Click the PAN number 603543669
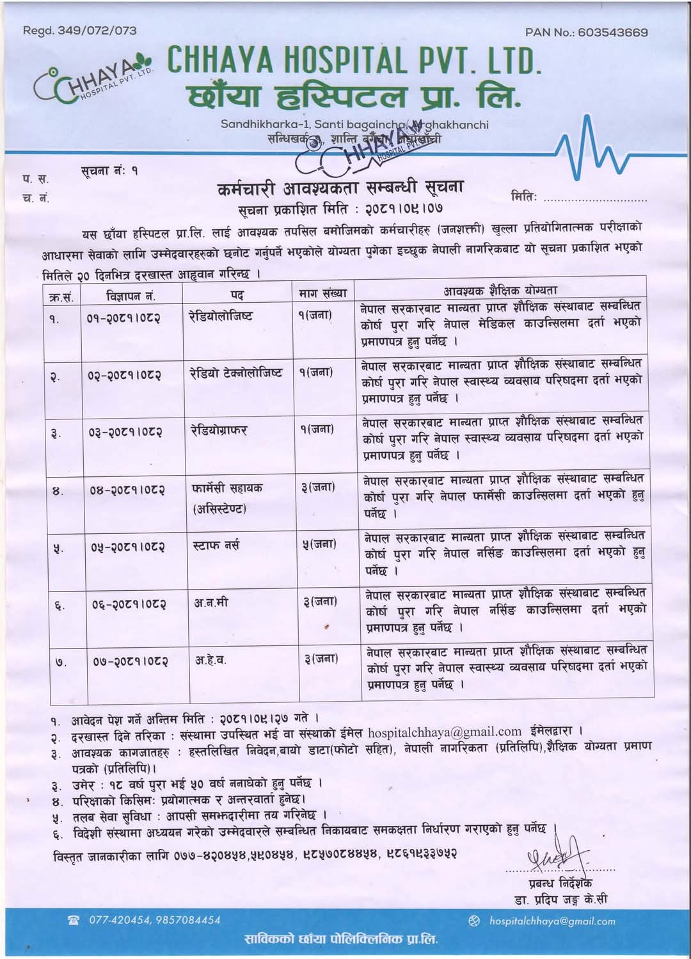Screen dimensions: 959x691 coord(612,32)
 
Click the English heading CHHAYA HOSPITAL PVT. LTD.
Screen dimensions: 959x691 coord(354,61)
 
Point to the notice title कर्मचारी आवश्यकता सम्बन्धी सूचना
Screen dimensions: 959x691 coord(340,188)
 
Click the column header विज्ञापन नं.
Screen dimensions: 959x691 coord(131,295)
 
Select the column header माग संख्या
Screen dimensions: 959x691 coord(322,293)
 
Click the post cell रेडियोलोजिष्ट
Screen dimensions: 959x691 coord(221,316)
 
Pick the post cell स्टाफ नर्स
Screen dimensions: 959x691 coord(216,545)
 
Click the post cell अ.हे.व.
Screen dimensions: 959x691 coord(210,659)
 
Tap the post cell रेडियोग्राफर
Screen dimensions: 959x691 coord(219,430)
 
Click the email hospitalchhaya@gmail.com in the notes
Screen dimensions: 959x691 coord(445,731)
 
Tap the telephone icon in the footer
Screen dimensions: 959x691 coord(74,921)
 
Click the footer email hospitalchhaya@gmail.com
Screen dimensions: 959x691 coord(552,921)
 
